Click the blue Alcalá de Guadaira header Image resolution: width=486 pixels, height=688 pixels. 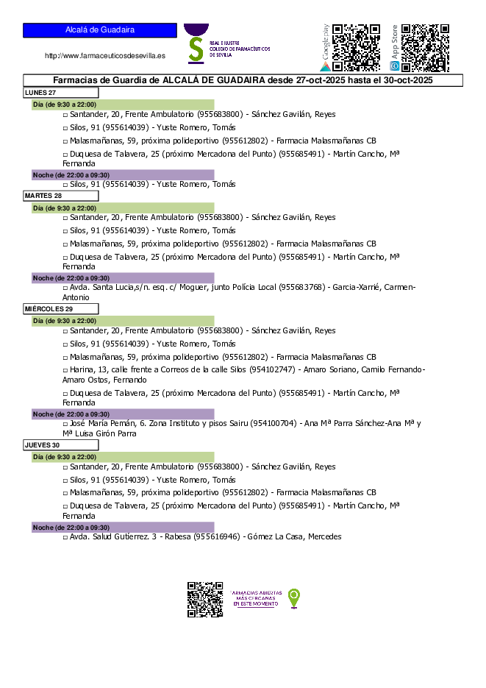coord(99,30)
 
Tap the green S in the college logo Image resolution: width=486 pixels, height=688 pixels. coord(196,49)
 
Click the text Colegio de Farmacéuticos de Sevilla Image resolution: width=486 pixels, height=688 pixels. coord(240,49)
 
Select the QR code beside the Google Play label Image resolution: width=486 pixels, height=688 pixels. coord(357,48)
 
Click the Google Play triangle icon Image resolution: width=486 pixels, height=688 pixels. coord(325,66)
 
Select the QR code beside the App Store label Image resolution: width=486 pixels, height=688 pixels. coord(425,48)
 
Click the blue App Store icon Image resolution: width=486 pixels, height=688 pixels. coord(395,66)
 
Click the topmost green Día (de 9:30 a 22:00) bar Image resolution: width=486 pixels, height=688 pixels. coord(123,104)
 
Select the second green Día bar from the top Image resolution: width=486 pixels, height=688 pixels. coord(123,208)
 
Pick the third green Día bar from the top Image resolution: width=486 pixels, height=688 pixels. coord(123,321)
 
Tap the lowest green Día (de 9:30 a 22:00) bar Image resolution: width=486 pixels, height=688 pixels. coord(123,457)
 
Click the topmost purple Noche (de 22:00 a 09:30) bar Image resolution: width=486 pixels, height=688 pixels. coord(123,175)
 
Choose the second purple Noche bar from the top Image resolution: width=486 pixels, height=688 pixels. coord(123,278)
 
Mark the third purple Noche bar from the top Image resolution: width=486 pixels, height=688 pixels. coord(123,414)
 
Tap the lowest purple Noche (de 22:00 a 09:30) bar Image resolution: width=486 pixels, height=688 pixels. coord(123,528)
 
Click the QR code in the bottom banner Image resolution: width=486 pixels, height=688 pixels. coord(205,599)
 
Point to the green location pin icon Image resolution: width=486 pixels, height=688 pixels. coord(294,597)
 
